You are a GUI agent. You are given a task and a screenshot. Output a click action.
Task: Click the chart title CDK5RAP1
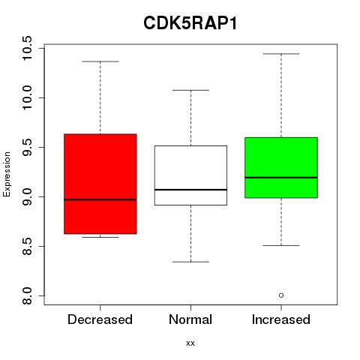(x=190, y=23)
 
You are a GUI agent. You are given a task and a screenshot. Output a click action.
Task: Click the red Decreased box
(x=100, y=184)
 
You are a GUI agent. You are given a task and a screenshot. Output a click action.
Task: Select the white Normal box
(x=190, y=175)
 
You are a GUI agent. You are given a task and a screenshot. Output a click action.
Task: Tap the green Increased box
(x=281, y=167)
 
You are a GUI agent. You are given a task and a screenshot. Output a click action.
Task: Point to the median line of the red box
(x=100, y=199)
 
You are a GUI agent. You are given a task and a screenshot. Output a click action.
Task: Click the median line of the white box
(x=190, y=190)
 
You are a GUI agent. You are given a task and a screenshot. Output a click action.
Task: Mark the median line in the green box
(x=281, y=178)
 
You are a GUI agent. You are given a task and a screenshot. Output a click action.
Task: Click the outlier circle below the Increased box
(x=281, y=295)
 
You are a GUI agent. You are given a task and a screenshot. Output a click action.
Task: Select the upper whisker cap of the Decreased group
(x=100, y=61)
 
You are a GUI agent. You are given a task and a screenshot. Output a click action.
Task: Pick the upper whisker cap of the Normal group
(x=190, y=90)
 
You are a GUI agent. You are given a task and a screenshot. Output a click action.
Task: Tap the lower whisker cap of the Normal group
(x=190, y=262)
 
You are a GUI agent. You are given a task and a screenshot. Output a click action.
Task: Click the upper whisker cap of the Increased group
(x=281, y=54)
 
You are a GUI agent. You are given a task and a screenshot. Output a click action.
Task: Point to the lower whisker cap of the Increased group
(x=281, y=245)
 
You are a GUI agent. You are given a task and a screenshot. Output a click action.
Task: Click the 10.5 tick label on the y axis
(x=27, y=48)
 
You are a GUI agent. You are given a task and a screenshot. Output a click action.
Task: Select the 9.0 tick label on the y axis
(x=27, y=196)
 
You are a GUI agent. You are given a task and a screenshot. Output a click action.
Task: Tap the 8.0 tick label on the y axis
(x=27, y=295)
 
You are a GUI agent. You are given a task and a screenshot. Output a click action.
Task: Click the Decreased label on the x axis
(x=100, y=319)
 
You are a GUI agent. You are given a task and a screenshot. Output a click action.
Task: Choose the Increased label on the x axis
(x=281, y=319)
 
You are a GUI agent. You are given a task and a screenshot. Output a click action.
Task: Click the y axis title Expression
(x=7, y=174)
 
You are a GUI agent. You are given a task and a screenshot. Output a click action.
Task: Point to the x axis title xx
(x=190, y=343)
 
